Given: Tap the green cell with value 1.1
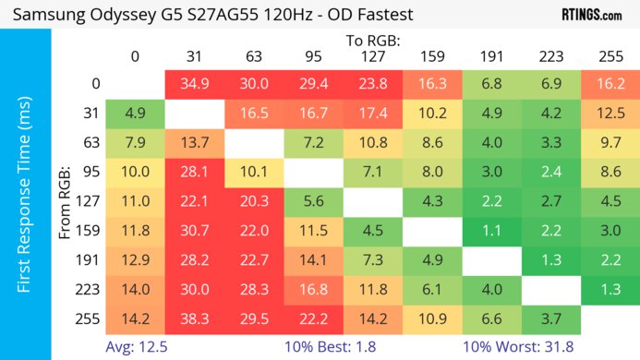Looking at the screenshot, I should pyautogui.click(x=492, y=230).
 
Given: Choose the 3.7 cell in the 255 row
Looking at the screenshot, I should pyautogui.click(x=551, y=318).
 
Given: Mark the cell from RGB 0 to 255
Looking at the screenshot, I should pyautogui.click(x=610, y=83).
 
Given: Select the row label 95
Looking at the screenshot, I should pyautogui.click(x=91, y=172).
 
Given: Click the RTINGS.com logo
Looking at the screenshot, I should pyautogui.click(x=591, y=15).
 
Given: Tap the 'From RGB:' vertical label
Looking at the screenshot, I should pyautogui.click(x=65, y=201).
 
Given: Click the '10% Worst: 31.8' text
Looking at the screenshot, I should pyautogui.click(x=516, y=347).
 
